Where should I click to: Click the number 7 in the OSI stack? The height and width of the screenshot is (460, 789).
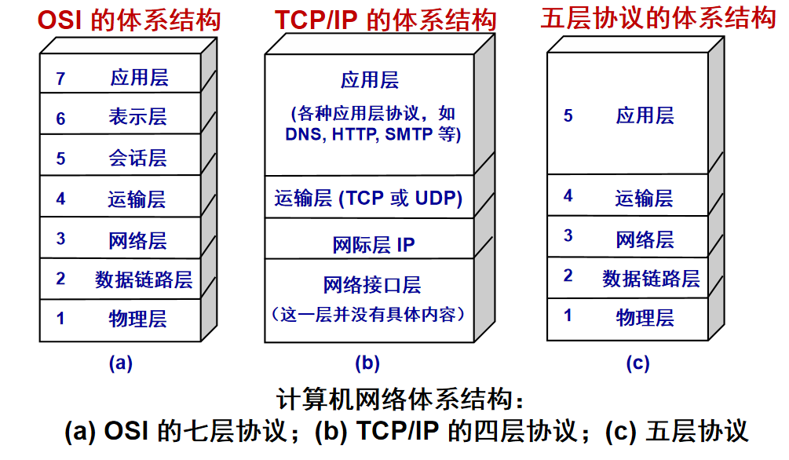(60, 78)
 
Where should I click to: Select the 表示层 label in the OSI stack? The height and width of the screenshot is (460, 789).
(138, 117)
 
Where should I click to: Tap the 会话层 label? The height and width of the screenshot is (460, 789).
(138, 158)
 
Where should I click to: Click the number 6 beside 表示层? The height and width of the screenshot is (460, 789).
(60, 119)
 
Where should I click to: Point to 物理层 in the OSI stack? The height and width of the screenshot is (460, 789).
(138, 319)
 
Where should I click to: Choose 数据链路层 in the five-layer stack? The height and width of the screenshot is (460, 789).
(651, 279)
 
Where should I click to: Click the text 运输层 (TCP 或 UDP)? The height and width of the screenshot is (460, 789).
(368, 199)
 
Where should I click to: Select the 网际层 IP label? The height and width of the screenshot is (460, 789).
(374, 245)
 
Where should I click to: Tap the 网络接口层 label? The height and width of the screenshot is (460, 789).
(372, 285)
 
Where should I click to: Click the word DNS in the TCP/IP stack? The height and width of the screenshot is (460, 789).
(303, 134)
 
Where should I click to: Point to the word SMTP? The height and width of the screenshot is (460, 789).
(408, 134)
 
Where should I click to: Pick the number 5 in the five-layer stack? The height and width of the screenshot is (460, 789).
(568, 115)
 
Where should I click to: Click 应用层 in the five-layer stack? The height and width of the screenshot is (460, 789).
(645, 115)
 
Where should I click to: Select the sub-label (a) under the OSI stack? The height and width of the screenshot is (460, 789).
(121, 363)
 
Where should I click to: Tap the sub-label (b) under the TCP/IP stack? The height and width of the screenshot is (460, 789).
(367, 363)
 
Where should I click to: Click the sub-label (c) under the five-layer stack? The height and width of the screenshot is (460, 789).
(638, 363)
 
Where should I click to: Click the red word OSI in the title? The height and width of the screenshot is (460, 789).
(60, 20)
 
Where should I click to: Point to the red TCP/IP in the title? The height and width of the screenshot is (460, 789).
(316, 20)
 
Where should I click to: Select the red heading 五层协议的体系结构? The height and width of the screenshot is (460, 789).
(658, 19)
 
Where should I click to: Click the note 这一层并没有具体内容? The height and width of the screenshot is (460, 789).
(368, 315)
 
